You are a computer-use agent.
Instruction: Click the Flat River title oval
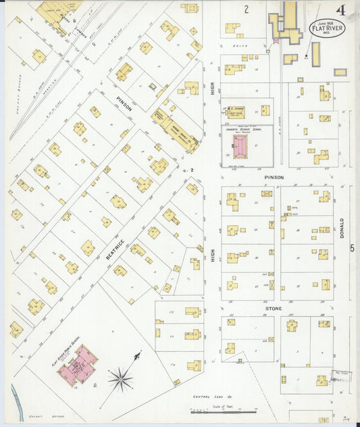(x=326, y=29)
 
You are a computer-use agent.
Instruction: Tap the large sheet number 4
(x=342, y=10)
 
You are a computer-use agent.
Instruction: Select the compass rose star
(x=121, y=379)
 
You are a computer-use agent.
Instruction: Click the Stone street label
(x=274, y=308)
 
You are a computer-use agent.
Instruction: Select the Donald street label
(x=342, y=228)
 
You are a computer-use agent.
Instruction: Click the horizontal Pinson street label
(x=274, y=177)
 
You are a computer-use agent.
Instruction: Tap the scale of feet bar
(x=232, y=411)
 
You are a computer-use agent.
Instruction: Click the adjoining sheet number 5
(x=352, y=248)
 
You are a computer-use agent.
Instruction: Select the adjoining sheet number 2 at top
(x=247, y=9)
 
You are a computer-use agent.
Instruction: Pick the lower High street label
(x=212, y=255)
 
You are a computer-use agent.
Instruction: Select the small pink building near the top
(x=276, y=41)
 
